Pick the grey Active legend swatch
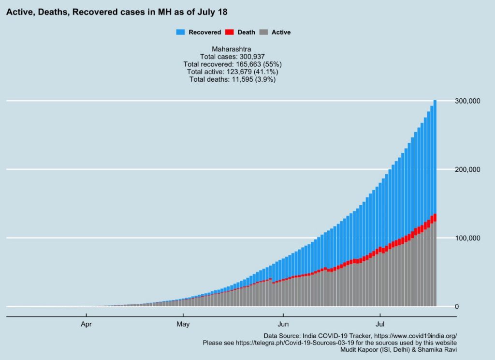[263, 32]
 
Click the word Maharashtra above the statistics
[232, 49]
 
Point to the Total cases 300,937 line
[232, 57]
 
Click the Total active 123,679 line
[232, 72]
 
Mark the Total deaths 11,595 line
[232, 79]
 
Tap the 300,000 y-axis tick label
[467, 101]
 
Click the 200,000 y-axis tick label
[467, 169]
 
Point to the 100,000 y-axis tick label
[467, 238]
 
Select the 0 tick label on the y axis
[457, 307]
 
